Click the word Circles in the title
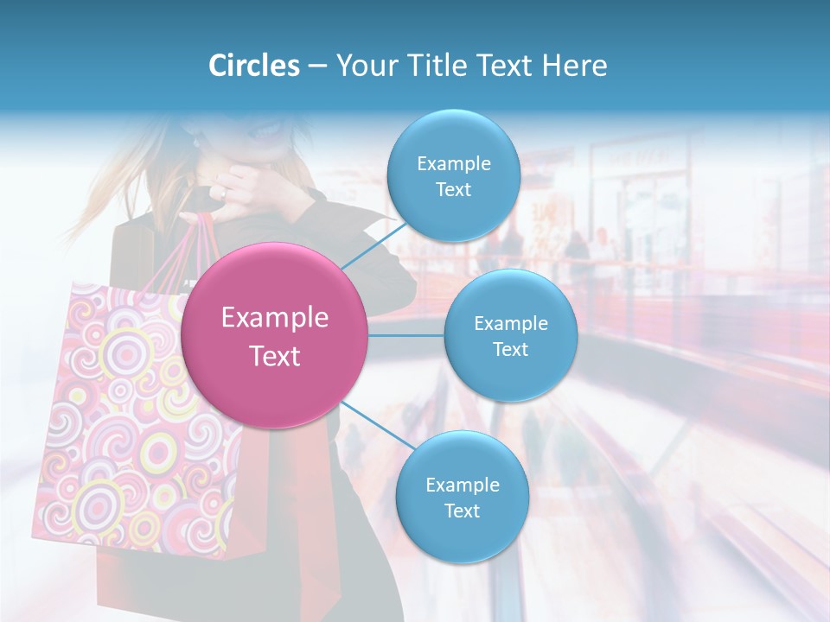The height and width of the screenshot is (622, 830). tap(254, 66)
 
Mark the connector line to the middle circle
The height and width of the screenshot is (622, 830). tap(406, 334)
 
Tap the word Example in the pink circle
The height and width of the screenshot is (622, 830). tap(275, 318)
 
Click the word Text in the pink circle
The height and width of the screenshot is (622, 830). tap(275, 356)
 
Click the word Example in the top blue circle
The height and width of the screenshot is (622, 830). tap(453, 164)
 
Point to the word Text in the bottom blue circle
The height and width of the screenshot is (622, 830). tap(462, 511)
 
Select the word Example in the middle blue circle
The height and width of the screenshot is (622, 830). tap(510, 324)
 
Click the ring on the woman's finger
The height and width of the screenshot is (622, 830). tap(222, 194)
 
